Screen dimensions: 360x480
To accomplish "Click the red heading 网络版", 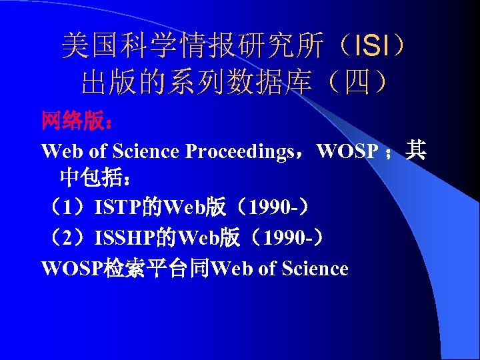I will point(72,121).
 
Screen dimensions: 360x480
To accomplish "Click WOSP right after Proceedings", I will point(347,151).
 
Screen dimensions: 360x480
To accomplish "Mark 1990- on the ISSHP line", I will point(287,238).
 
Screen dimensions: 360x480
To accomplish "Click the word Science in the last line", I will point(315,268).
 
